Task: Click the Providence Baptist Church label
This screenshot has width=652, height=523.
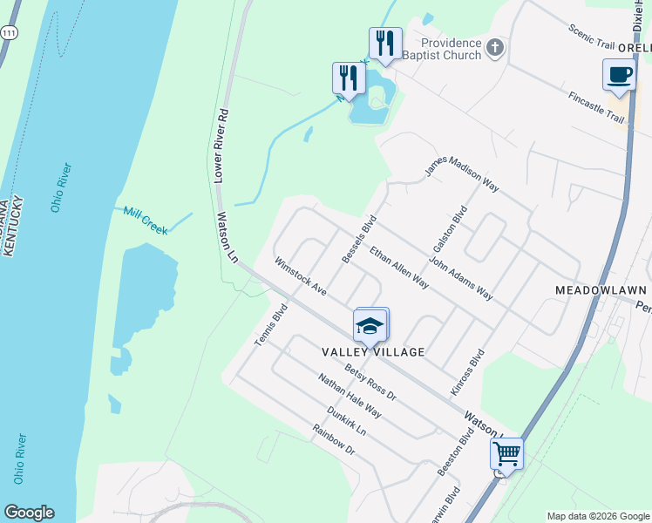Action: click(451, 49)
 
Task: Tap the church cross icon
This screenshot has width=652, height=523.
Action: click(495, 47)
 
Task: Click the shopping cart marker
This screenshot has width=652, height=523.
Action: click(506, 452)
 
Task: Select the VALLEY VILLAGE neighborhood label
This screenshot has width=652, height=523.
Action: click(373, 352)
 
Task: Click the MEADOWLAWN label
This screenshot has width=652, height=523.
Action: click(601, 289)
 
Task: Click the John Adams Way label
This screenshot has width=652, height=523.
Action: click(462, 278)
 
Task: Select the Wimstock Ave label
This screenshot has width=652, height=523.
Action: click(300, 275)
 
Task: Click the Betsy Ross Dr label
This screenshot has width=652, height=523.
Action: click(370, 383)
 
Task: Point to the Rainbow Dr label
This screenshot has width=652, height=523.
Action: click(334, 440)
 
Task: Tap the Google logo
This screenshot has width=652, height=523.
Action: click(29, 512)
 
